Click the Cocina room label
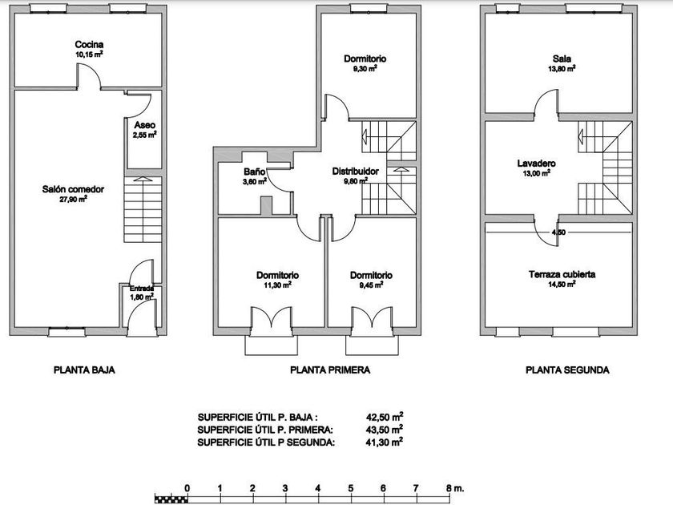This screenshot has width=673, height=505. click(89, 44)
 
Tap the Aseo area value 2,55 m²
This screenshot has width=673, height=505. click(145, 135)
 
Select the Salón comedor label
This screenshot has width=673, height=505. click(73, 189)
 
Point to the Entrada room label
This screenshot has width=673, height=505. click(142, 289)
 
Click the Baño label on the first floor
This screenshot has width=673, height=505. click(255, 172)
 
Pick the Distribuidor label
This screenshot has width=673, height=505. click(356, 172)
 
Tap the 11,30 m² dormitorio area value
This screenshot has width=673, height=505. click(278, 285)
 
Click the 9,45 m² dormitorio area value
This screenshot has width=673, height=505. click(371, 285)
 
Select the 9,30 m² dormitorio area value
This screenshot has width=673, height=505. click(365, 69)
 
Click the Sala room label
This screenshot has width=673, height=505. click(562, 59)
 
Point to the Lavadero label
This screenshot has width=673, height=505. click(537, 164)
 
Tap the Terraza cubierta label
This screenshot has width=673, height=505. click(562, 274)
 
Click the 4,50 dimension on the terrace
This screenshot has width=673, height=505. click(559, 232)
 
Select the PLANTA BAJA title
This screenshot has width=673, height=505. click(85, 370)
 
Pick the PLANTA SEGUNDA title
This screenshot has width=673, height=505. click(567, 370)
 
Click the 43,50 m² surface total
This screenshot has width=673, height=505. click(385, 429)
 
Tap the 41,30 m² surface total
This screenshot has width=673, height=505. click(385, 442)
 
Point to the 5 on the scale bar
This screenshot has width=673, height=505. click(351, 488)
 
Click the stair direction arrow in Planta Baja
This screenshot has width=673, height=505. click(143, 180)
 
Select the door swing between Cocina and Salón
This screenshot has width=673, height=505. click(90, 76)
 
